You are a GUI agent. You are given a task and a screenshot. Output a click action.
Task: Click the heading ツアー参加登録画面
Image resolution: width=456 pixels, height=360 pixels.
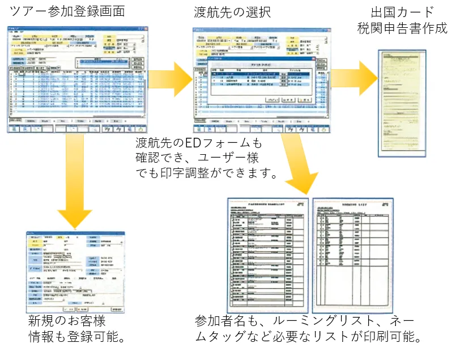click(67, 11)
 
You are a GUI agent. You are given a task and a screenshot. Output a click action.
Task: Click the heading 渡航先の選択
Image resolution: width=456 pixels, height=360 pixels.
click(232, 11)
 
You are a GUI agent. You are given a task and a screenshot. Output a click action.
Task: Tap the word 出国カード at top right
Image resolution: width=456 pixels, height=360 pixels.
click(403, 11)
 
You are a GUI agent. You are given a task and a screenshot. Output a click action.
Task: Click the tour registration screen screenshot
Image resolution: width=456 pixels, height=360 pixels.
click(77, 79)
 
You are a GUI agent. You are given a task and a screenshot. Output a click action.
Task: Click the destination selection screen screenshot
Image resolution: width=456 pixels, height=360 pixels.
click(260, 79)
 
